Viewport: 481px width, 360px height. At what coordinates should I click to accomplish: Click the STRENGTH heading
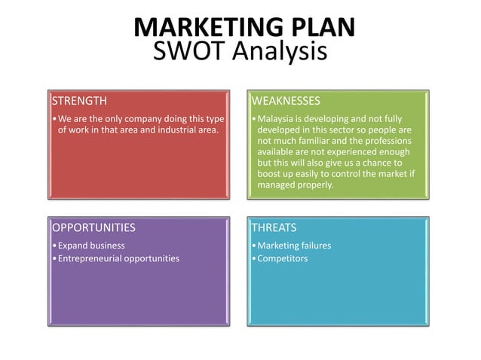pyautogui.click(x=79, y=100)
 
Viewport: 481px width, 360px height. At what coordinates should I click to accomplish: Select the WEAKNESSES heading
pyautogui.click(x=286, y=100)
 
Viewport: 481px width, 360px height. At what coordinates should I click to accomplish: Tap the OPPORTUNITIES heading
pyautogui.click(x=93, y=227)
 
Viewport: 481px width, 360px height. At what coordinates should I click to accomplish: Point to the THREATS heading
pyautogui.click(x=274, y=227)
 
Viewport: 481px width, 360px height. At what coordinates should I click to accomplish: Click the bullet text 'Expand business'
pyautogui.click(x=91, y=246)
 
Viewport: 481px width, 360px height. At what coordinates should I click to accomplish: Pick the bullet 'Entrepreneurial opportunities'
pyautogui.click(x=118, y=258)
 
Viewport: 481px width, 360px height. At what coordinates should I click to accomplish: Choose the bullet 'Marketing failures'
pyautogui.click(x=294, y=246)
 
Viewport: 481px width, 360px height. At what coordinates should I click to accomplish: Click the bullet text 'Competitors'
pyautogui.click(x=283, y=258)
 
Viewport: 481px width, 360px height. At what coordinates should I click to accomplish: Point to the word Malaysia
pyautogui.click(x=277, y=119)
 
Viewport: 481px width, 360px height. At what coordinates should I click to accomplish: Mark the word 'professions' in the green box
pyautogui.click(x=388, y=140)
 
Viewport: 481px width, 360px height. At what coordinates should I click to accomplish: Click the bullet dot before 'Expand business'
pyautogui.click(x=54, y=246)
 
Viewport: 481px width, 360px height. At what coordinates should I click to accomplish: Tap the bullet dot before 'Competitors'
pyautogui.click(x=254, y=259)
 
